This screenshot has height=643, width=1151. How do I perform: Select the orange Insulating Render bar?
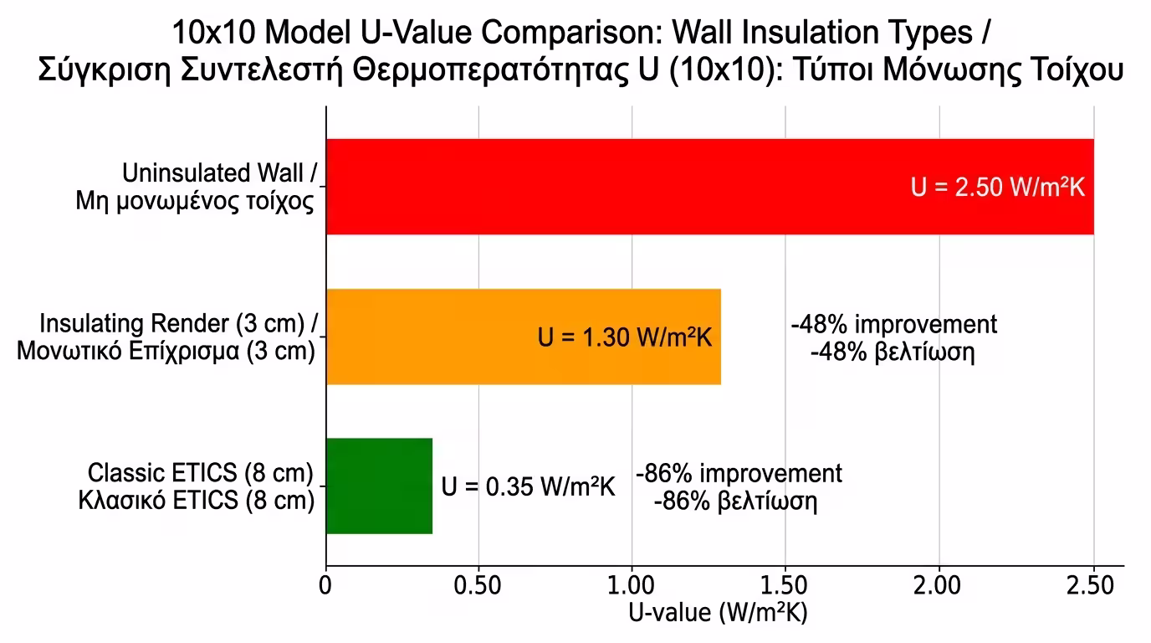click(x=435, y=337)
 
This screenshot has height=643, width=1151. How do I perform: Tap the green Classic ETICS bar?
click(x=379, y=486)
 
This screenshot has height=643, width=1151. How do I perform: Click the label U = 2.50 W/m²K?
click(x=997, y=187)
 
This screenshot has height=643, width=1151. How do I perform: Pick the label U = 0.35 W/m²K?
click(x=528, y=486)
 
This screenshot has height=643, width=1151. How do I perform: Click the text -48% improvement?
click(x=893, y=324)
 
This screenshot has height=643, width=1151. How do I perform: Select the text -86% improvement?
click(x=739, y=473)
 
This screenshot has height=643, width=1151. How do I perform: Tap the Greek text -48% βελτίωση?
click(x=893, y=351)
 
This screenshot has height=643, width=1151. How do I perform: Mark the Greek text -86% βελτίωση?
click(x=734, y=502)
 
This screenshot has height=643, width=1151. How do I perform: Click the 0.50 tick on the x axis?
click(x=478, y=585)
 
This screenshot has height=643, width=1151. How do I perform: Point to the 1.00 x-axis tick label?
click(x=632, y=585)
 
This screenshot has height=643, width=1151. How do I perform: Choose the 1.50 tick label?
click(x=785, y=585)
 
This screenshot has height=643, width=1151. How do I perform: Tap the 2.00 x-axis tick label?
click(x=939, y=585)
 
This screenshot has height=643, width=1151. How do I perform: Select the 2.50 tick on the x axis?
click(x=1092, y=585)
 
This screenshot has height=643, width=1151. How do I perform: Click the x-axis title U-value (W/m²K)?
click(x=717, y=613)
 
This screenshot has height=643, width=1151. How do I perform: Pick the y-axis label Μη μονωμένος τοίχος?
click(x=195, y=201)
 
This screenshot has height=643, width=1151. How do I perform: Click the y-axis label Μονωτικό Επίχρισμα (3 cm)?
click(x=166, y=351)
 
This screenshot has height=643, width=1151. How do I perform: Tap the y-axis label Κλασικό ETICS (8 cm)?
click(x=197, y=501)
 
